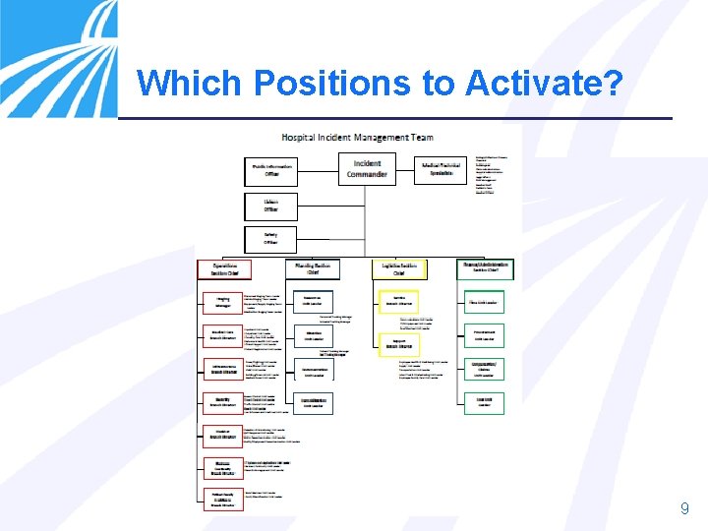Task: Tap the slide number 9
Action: [684, 508]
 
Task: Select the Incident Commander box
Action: [366, 170]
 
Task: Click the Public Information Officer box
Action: [270, 171]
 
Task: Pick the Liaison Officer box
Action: [270, 206]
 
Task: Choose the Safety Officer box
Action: [270, 239]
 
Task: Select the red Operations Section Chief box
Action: [224, 269]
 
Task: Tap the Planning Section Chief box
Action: [313, 268]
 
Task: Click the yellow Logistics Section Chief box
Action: [399, 268]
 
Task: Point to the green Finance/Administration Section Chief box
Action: [485, 268]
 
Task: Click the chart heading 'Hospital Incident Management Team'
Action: [357, 137]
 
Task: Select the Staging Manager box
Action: [221, 302]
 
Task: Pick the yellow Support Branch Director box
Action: [399, 344]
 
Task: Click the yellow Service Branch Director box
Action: [399, 301]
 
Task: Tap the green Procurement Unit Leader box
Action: [484, 336]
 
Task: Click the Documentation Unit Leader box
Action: [313, 371]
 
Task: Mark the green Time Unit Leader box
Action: [484, 302]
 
